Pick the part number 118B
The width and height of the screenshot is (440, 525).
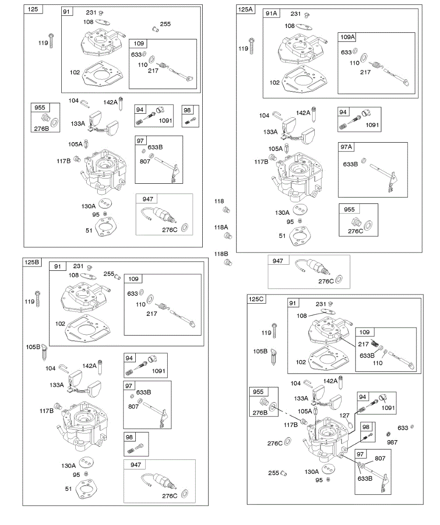[x=221, y=254]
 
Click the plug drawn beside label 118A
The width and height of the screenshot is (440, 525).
[x=228, y=236]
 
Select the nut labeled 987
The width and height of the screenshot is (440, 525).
[x=388, y=434]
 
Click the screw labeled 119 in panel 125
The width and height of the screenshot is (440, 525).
[x=52, y=41]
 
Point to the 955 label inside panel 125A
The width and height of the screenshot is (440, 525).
[x=349, y=209]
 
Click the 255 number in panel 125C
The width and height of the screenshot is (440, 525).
[x=274, y=473]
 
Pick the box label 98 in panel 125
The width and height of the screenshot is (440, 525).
[x=187, y=110]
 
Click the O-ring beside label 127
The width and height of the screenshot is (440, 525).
[x=350, y=424]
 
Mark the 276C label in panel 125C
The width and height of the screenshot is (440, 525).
[x=275, y=443]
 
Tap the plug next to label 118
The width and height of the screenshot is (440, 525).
[x=226, y=210]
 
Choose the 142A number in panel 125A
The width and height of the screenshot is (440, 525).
[x=303, y=113]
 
